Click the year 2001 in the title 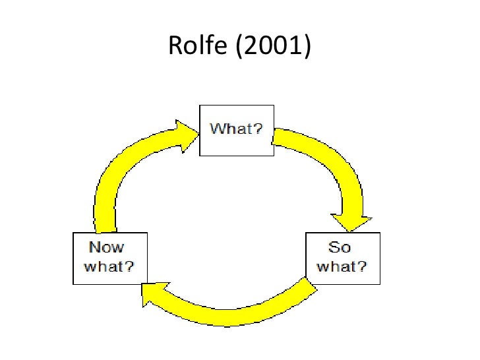[269, 45]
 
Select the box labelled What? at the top [236, 130]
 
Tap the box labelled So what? [342, 258]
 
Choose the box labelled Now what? [110, 258]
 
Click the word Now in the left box [106, 249]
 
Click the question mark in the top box [258, 129]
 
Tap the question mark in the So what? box [363, 267]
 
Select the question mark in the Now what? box [133, 267]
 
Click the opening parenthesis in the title [237, 45]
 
